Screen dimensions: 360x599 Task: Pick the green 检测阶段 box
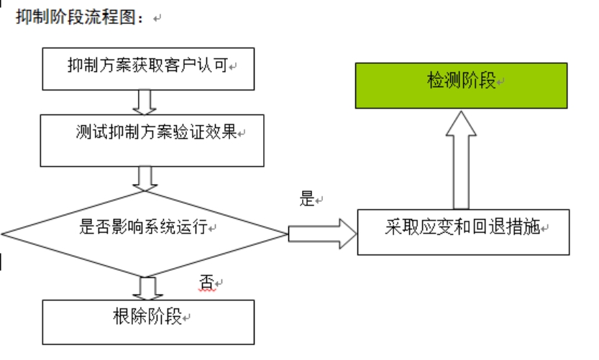click(461, 85)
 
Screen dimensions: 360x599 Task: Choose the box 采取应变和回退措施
click(465, 230)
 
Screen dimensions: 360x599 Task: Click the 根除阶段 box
click(149, 318)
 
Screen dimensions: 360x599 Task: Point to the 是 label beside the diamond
click(308, 200)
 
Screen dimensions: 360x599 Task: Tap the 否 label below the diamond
click(207, 282)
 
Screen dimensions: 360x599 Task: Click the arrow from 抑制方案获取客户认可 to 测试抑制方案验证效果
click(147, 101)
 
